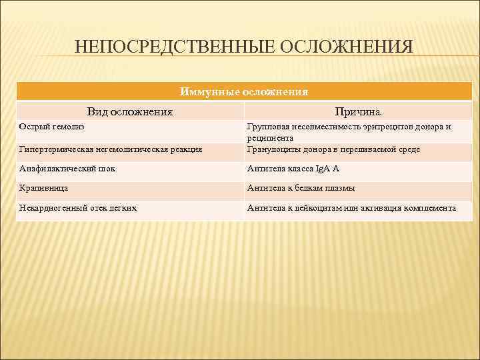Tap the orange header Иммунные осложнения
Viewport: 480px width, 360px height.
pyautogui.click(x=244, y=91)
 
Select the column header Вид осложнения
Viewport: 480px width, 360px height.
pyautogui.click(x=130, y=111)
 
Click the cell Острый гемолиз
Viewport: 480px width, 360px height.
pyautogui.click(x=53, y=126)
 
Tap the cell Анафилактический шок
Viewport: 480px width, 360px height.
pyautogui.click(x=68, y=169)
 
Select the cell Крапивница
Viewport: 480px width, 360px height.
pyautogui.click(x=44, y=189)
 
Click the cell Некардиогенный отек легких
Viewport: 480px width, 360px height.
pyautogui.click(x=79, y=208)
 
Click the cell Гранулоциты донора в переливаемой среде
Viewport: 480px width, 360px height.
pyautogui.click(x=333, y=150)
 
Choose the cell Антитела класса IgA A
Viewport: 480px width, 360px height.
pyautogui.click(x=293, y=169)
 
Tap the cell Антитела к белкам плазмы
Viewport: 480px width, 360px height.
pyautogui.click(x=301, y=189)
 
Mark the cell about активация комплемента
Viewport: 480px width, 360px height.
pyautogui.click(x=351, y=208)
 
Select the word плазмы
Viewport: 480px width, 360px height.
pyautogui.click(x=340, y=189)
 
